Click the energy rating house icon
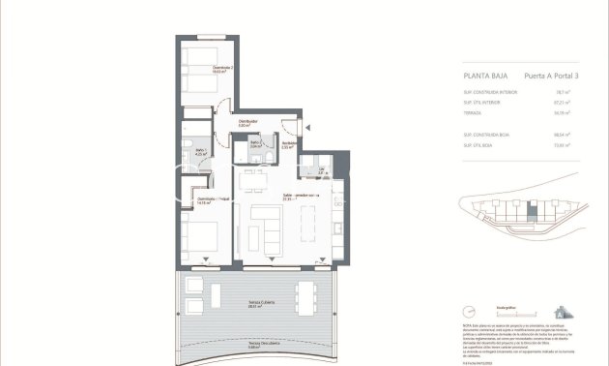(x=560, y=312)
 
